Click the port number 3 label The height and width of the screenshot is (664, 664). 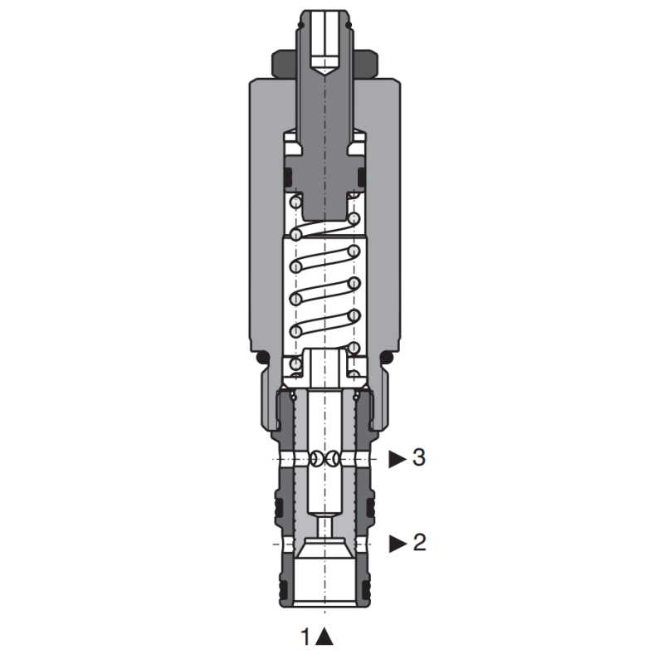click(x=419, y=458)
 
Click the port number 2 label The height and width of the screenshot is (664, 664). click(x=419, y=543)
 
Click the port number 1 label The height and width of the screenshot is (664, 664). click(x=305, y=637)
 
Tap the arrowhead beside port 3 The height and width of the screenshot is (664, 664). click(x=398, y=459)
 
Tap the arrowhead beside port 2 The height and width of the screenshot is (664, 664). click(x=398, y=544)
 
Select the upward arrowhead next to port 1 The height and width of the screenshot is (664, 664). click(x=325, y=637)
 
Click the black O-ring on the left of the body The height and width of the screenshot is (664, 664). click(x=263, y=358)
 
